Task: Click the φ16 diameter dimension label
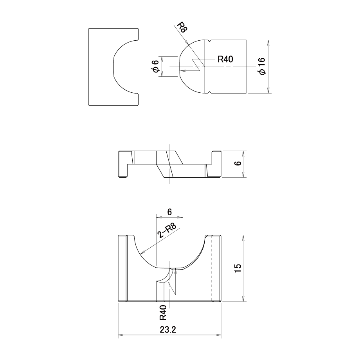pyautogui.click(x=262, y=66)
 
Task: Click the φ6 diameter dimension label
pyautogui.click(x=156, y=66)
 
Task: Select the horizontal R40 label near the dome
pyautogui.click(x=225, y=59)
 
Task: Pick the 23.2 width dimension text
pyautogui.click(x=168, y=330)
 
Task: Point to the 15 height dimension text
pyautogui.click(x=238, y=268)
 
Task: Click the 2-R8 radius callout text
pyautogui.click(x=167, y=231)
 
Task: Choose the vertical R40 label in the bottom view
pyautogui.click(x=163, y=313)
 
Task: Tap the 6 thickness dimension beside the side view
pyautogui.click(x=239, y=163)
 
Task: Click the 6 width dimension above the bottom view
pyautogui.click(x=169, y=212)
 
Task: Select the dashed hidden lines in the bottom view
pyautogui.click(x=212, y=268)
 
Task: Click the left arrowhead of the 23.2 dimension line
pyautogui.click(x=121, y=335)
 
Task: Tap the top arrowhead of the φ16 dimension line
pyautogui.click(x=268, y=43)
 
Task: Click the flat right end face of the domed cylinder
pyautogui.click(x=247, y=67)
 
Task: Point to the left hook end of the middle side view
pyautogui.click(x=122, y=164)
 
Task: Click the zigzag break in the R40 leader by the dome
pyautogui.click(x=198, y=65)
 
